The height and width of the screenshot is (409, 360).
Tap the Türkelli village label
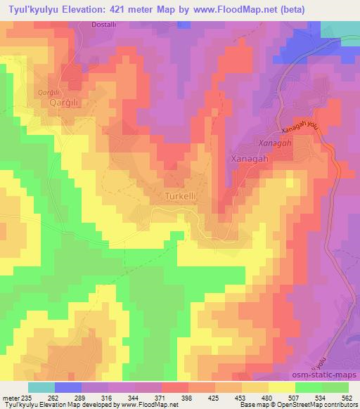[183, 197]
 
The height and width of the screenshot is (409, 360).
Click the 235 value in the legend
[27, 398]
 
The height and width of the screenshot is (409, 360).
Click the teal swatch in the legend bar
[41, 387]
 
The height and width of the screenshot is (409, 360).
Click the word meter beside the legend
[11, 398]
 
